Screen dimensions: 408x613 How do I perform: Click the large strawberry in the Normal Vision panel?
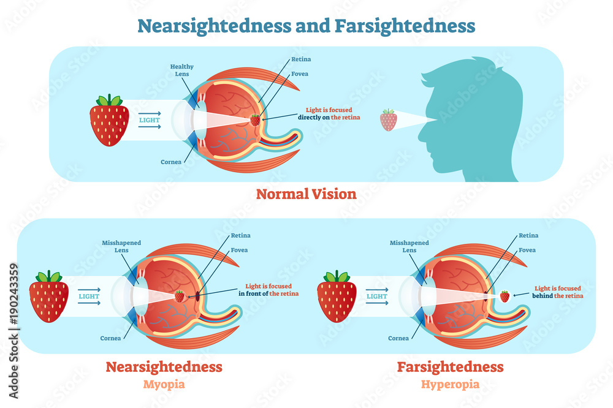(110, 121)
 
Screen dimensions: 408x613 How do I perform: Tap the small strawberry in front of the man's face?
(388, 120)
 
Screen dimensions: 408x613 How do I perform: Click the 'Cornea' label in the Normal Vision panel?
(172, 162)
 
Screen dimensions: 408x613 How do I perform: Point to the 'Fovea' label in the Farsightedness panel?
(527, 250)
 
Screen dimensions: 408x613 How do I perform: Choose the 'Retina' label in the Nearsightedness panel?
(240, 235)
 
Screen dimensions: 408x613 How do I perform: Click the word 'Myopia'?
(163, 384)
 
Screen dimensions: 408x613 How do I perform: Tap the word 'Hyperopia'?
(450, 384)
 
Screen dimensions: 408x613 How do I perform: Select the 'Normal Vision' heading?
(306, 194)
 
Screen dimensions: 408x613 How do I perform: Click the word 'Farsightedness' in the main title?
(405, 26)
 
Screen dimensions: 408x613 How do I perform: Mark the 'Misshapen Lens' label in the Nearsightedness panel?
(121, 246)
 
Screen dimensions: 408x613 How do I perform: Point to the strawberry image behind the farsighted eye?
(504, 296)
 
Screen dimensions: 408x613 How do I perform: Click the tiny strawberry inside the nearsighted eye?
(180, 296)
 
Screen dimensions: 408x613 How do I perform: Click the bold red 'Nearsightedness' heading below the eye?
(164, 367)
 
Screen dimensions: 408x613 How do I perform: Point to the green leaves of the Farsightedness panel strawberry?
(337, 277)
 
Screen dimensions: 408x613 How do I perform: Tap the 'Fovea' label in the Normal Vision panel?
(300, 74)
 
